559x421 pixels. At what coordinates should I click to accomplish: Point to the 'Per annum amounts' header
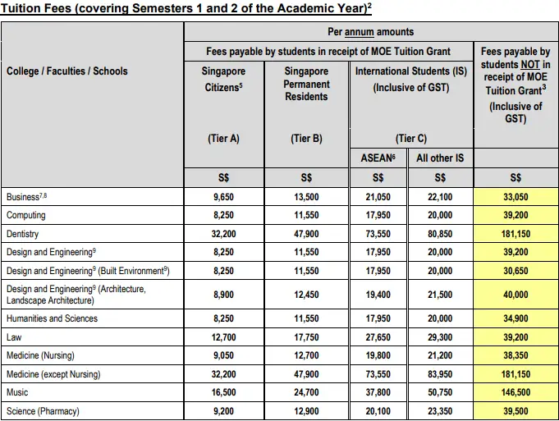pos(370,32)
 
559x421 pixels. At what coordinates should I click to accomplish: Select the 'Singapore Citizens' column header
pos(223,78)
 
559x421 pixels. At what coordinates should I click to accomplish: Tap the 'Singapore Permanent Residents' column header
pos(306,84)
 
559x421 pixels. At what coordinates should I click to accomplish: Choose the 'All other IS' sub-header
pos(440,158)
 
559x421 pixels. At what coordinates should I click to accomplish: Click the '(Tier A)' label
pos(223,139)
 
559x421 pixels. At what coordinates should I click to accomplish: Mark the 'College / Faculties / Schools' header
pos(67,71)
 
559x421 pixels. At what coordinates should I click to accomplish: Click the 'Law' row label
pos(15,336)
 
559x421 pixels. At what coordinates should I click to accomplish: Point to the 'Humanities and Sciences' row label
pos(52,318)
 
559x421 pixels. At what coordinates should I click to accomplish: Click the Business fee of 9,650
pos(223,197)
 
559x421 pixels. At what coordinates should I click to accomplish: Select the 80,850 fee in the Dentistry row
pos(440,234)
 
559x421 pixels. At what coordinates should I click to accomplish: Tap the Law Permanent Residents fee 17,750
pos(306,336)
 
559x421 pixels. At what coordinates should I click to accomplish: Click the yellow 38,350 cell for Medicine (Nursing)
pos(515,355)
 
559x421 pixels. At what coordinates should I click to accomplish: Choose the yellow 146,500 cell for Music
pos(515,392)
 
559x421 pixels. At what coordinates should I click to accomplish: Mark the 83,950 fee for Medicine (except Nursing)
pos(440,374)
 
